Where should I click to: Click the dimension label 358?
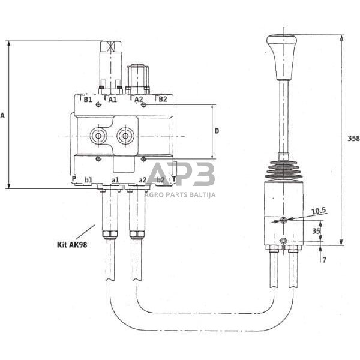tap(353, 139)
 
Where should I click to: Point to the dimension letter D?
tap(217, 130)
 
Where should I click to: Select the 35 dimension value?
tap(316, 230)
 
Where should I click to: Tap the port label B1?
tap(88, 100)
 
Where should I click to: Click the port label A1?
tap(112, 100)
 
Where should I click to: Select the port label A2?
tap(138, 100)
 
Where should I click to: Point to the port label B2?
tap(163, 100)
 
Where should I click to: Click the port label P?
tap(74, 179)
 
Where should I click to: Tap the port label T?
tap(173, 179)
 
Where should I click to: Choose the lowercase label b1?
tap(88, 179)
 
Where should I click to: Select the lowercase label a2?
tap(142, 179)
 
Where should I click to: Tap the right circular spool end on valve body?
tap(125, 136)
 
